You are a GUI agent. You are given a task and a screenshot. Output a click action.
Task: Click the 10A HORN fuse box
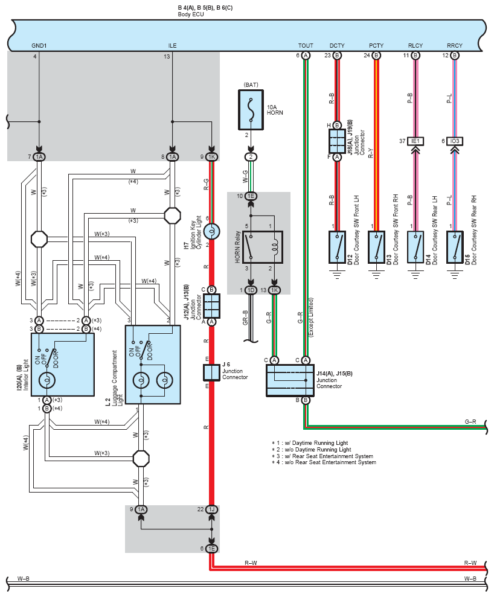click(251, 110)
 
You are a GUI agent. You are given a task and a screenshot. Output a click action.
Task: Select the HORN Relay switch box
click(263, 247)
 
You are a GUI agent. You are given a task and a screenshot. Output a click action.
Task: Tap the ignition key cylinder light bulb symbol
click(212, 231)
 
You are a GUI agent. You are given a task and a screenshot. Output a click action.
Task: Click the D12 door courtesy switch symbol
click(337, 247)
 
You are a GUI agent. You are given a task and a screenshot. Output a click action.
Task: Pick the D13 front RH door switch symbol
click(376, 247)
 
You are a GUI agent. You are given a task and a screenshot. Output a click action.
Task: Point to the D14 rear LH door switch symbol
click(415, 247)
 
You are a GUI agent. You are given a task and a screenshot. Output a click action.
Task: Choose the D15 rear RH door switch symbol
click(455, 247)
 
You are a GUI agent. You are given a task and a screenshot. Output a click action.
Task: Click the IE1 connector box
click(415, 141)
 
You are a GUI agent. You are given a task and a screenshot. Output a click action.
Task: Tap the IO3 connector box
click(455, 141)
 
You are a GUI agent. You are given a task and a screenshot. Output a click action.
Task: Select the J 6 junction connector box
click(212, 372)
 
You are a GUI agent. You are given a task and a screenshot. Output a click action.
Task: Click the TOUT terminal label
click(306, 46)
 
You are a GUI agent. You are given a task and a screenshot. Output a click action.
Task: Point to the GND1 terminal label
click(39, 46)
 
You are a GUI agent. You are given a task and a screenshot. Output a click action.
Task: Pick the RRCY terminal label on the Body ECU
click(455, 46)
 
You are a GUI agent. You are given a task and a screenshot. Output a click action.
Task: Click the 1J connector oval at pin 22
click(212, 509)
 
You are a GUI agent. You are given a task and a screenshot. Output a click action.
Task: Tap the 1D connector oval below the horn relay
click(251, 290)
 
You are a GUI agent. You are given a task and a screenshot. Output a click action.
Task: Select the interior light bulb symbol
click(47, 380)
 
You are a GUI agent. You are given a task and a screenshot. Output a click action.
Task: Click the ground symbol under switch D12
click(337, 274)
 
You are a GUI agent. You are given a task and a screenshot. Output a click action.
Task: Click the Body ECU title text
click(191, 14)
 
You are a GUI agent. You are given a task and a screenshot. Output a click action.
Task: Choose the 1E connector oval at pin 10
click(251, 196)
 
